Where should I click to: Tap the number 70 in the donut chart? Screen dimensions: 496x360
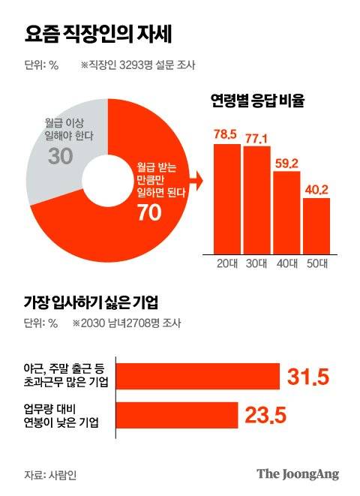click(149, 213)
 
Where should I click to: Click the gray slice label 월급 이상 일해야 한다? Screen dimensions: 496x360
click(69, 127)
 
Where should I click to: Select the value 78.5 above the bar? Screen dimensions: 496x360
click(227, 134)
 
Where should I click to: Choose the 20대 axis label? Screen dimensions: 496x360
click(227, 263)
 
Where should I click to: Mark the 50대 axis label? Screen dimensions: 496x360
click(316, 263)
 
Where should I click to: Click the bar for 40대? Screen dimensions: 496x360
click(286, 213)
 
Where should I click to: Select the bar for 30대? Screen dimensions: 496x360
click(256, 200)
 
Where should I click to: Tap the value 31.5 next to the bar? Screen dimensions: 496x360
click(308, 376)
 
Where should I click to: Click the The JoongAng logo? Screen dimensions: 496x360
click(298, 473)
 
